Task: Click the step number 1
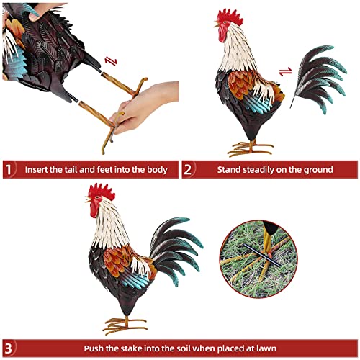[x=9, y=170]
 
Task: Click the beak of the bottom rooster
[x=89, y=206]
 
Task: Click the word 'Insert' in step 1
[x=37, y=170]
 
